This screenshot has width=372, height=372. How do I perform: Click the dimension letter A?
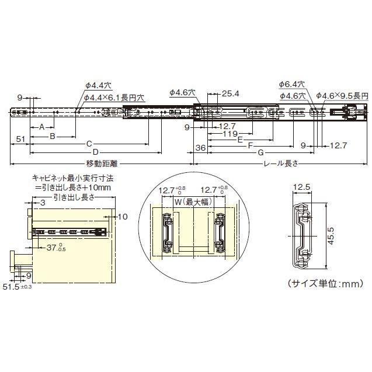41,127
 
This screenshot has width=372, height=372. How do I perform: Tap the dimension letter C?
89,143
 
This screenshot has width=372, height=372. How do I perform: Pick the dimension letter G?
259,153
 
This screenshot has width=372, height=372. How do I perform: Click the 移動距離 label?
99,164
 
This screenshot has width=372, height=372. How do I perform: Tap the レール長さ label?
281,164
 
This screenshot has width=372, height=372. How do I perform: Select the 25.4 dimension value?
231,93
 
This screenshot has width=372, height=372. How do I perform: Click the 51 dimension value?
20,139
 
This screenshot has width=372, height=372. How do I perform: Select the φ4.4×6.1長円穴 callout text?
115,97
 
